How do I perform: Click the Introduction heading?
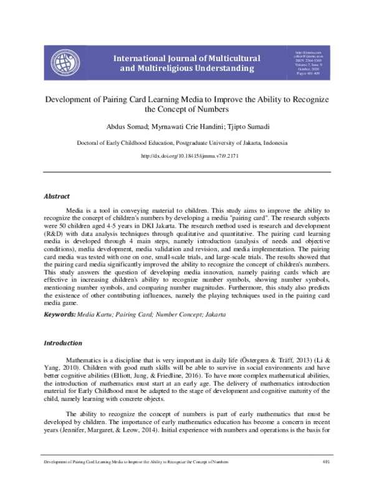(x=62, y=343)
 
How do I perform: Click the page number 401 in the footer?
(x=325, y=478)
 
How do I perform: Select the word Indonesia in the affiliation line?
(x=273, y=143)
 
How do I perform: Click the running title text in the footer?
(x=133, y=478)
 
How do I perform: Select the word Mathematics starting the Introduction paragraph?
(x=87, y=361)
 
